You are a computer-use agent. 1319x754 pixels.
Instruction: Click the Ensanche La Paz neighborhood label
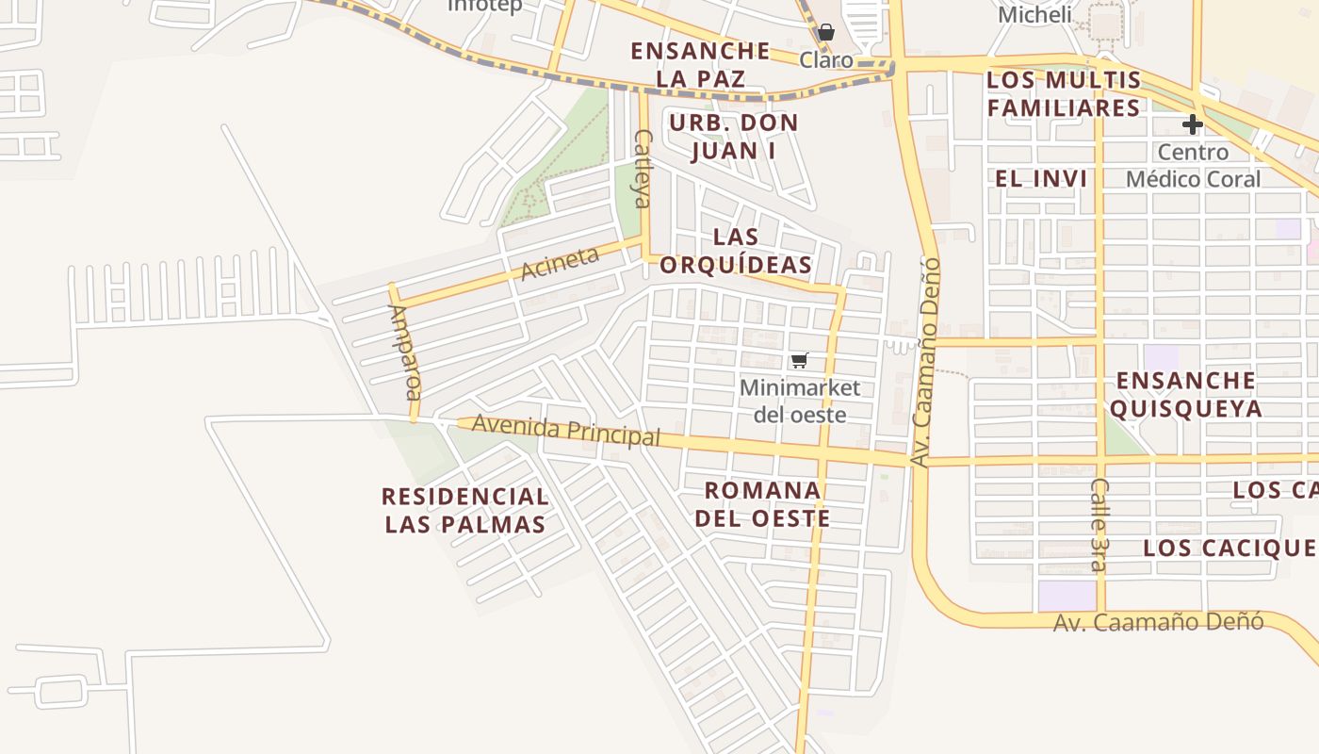tap(700, 64)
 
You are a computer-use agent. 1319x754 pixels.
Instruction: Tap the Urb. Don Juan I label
tap(733, 137)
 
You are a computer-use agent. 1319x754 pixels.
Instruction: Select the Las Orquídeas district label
tap(736, 251)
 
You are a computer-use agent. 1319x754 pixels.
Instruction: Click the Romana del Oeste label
tap(762, 504)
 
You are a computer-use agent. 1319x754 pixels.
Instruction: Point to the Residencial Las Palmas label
tap(465, 510)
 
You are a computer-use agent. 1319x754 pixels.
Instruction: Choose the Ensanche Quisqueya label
tap(1185, 394)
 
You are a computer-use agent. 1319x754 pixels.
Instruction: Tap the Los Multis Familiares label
tap(1064, 93)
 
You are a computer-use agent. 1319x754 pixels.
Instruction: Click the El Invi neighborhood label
tap(1041, 178)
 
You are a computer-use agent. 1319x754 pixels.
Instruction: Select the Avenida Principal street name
tap(565, 431)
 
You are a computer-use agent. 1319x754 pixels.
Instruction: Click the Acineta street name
tap(560, 263)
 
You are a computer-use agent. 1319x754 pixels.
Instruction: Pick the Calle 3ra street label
tap(1099, 524)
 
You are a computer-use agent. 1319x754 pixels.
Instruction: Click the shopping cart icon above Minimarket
tap(800, 360)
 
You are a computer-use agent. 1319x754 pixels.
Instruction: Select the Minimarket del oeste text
tap(800, 401)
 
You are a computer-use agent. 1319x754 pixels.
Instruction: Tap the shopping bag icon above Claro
tap(826, 32)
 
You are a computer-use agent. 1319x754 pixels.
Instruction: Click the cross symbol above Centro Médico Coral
tap(1193, 123)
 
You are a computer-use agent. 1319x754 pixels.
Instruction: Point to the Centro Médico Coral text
tap(1193, 165)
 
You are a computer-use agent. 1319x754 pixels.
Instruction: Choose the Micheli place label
tap(1034, 15)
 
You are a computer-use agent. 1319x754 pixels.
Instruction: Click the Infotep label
tap(484, 6)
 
